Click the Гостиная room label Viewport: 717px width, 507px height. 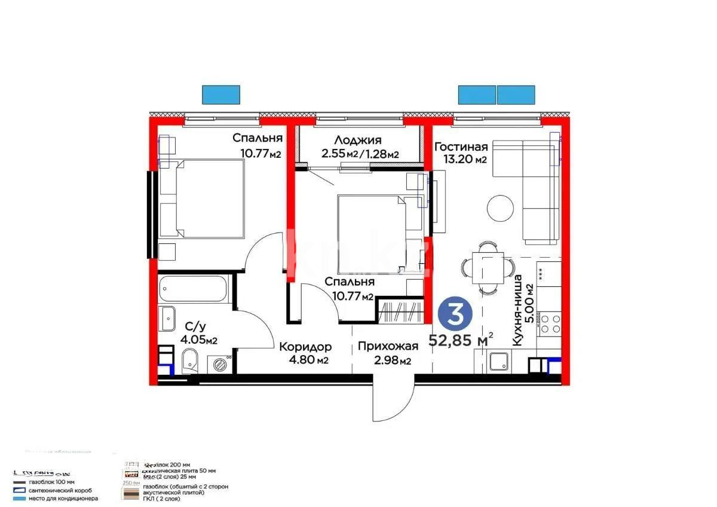(461, 146)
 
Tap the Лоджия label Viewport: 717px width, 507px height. (357, 141)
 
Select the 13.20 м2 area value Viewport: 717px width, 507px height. (464, 160)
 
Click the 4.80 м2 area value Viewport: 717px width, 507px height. (307, 360)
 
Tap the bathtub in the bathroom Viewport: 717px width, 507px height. (194, 289)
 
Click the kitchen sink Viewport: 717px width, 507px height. (498, 361)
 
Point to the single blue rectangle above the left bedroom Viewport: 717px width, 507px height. (221, 95)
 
